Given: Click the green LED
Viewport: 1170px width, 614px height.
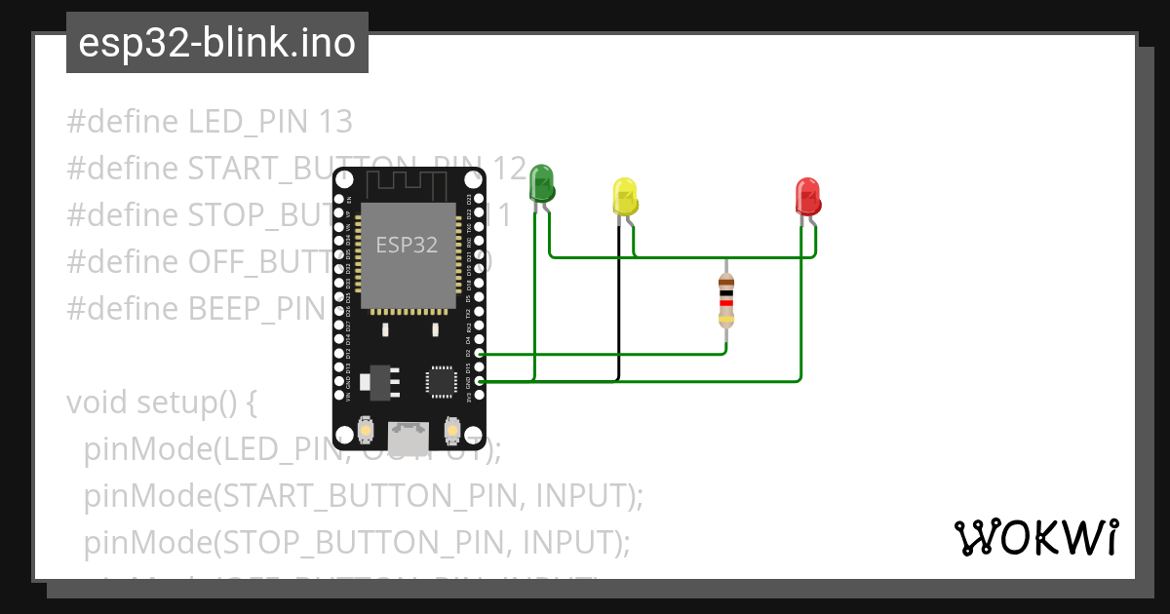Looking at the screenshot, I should [541, 183].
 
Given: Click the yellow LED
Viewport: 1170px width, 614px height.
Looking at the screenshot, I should [625, 196].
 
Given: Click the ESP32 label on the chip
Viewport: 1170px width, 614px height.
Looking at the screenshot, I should [407, 245].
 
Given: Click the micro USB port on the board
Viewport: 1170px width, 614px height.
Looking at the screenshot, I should [409, 433].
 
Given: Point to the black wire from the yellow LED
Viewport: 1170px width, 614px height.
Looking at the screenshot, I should [618, 302].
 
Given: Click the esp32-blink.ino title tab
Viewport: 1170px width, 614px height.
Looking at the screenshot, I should [216, 43].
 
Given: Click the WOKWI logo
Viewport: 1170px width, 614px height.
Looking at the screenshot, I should [1034, 537].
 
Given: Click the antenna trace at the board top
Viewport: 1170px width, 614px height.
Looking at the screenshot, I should [409, 180].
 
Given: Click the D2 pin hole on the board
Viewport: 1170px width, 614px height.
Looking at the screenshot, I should [479, 354].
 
